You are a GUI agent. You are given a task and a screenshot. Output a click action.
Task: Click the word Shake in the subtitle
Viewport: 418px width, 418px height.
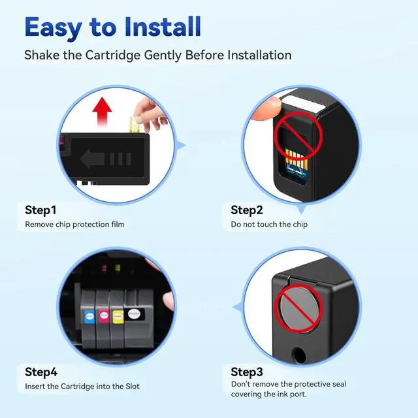point(42,55)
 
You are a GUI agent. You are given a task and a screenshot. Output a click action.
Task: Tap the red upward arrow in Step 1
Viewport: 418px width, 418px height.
point(102,112)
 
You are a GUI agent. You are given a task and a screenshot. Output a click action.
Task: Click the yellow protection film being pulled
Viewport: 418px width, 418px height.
point(135,125)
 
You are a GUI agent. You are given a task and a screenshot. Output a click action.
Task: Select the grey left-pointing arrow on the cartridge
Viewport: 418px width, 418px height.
point(92,159)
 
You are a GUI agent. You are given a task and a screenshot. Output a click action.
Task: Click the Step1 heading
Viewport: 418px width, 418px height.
point(40,210)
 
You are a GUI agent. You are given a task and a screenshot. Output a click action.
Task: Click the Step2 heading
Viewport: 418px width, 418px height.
point(247,210)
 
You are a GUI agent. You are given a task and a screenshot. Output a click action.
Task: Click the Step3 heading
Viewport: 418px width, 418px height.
point(247,372)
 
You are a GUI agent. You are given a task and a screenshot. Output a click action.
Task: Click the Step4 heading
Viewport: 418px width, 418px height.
point(41,372)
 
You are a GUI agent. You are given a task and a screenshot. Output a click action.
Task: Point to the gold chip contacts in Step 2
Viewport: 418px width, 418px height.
point(297,158)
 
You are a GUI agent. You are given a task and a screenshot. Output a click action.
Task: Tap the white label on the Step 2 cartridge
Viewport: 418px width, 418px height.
point(304,104)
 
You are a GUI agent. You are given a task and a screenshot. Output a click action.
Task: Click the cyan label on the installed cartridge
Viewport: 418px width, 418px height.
point(89,317)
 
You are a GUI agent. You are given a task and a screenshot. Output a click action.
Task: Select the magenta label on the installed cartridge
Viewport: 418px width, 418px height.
point(104,316)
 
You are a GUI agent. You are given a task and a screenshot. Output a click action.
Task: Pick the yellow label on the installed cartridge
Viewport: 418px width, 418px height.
point(118,316)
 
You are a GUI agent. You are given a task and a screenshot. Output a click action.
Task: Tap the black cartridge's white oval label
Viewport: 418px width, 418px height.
point(133,313)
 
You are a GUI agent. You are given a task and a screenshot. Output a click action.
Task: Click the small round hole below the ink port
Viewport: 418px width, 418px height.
point(298,355)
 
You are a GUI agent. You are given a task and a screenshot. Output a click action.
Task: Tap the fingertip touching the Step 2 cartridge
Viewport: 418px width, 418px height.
point(266,109)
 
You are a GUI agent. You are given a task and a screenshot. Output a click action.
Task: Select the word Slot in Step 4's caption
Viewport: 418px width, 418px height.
point(133,386)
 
